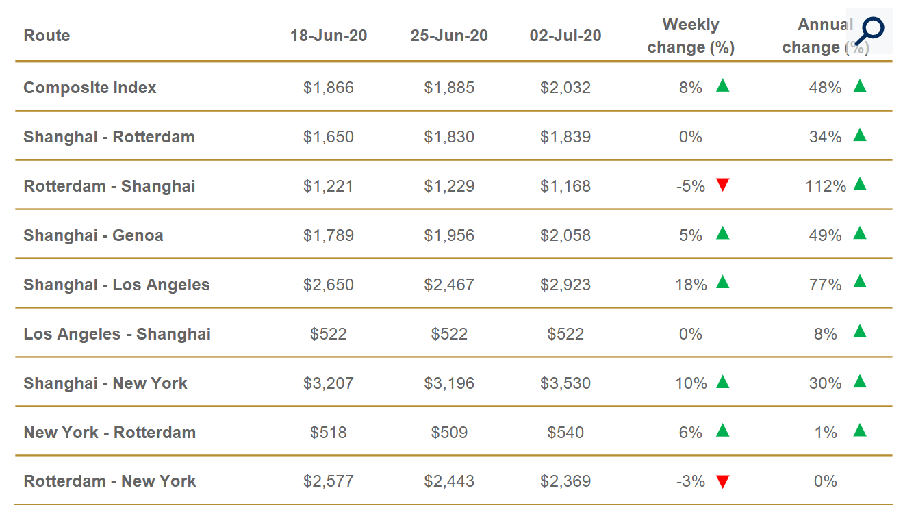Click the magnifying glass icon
coord(870,31)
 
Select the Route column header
coord(47,36)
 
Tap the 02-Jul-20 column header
coord(565,36)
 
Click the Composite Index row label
coord(90,88)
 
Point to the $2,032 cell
coord(565,88)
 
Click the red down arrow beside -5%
coord(722,185)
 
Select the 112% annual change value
coord(826,186)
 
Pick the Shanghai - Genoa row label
coord(93,235)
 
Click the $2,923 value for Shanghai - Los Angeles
coord(565,285)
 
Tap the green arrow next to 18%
coord(722,282)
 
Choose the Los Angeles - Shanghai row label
coord(117,334)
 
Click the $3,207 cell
coord(329,383)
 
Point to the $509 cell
coord(449,433)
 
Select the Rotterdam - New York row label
coord(110,482)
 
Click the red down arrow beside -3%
coord(722,482)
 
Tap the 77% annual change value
coord(825,285)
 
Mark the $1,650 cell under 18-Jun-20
coord(329,137)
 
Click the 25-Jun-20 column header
coord(449,36)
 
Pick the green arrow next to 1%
coord(860,430)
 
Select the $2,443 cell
coord(449,482)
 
